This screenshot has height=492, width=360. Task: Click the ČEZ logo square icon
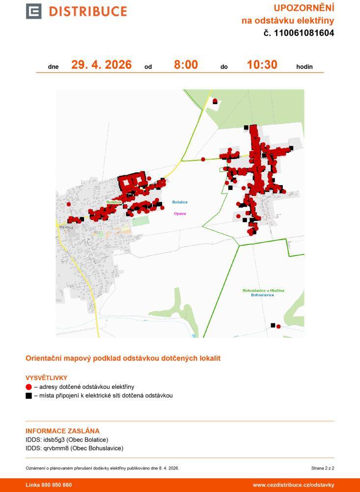click(33, 11)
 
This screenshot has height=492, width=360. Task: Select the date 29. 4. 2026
click(101, 65)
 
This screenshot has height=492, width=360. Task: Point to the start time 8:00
click(186, 65)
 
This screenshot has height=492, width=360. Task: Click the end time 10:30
click(262, 65)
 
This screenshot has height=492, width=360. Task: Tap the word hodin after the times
click(304, 67)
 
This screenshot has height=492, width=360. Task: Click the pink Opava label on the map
click(180, 214)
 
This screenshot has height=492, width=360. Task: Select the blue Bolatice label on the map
click(180, 202)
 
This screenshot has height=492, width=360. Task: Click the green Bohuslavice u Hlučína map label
click(263, 291)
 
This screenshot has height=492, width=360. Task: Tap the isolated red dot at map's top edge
click(215, 101)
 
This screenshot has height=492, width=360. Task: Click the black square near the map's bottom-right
click(273, 325)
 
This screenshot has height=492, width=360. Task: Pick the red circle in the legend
click(28, 387)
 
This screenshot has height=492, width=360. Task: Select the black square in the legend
click(28, 395)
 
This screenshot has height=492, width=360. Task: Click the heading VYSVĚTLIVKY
click(46, 378)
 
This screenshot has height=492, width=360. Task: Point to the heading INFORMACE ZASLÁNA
click(62, 431)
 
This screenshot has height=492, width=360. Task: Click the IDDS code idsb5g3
click(55, 439)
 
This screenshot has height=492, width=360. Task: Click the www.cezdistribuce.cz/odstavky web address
click(293, 485)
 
